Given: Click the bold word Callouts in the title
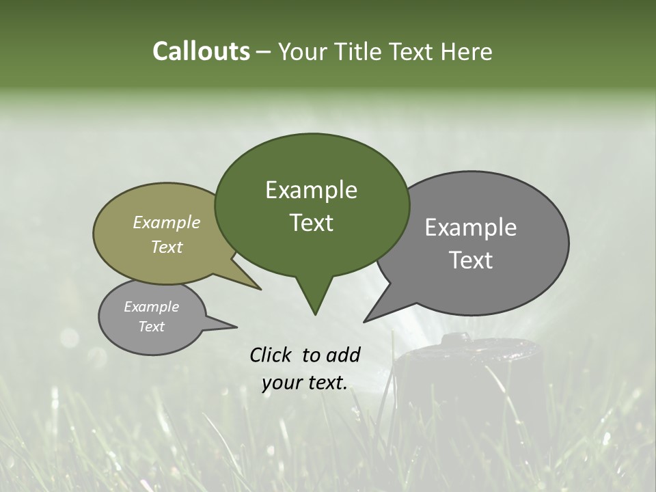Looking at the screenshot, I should pos(201,51).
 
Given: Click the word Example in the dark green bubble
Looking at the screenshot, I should pos(311,190).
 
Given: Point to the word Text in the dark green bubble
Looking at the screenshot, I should pos(311,223).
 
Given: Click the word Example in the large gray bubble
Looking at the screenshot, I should pos(471,228).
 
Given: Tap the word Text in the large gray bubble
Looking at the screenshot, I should pos(471,260).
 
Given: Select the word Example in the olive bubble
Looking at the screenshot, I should pos(167,222).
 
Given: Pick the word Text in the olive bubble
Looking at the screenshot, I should pos(167,247).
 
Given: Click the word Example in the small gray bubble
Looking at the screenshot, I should pos(152,307).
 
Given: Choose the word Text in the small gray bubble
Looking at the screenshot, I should pos(152,327).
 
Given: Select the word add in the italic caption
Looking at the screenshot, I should pos(342,355).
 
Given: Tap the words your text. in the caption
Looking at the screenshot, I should pos(305,383).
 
